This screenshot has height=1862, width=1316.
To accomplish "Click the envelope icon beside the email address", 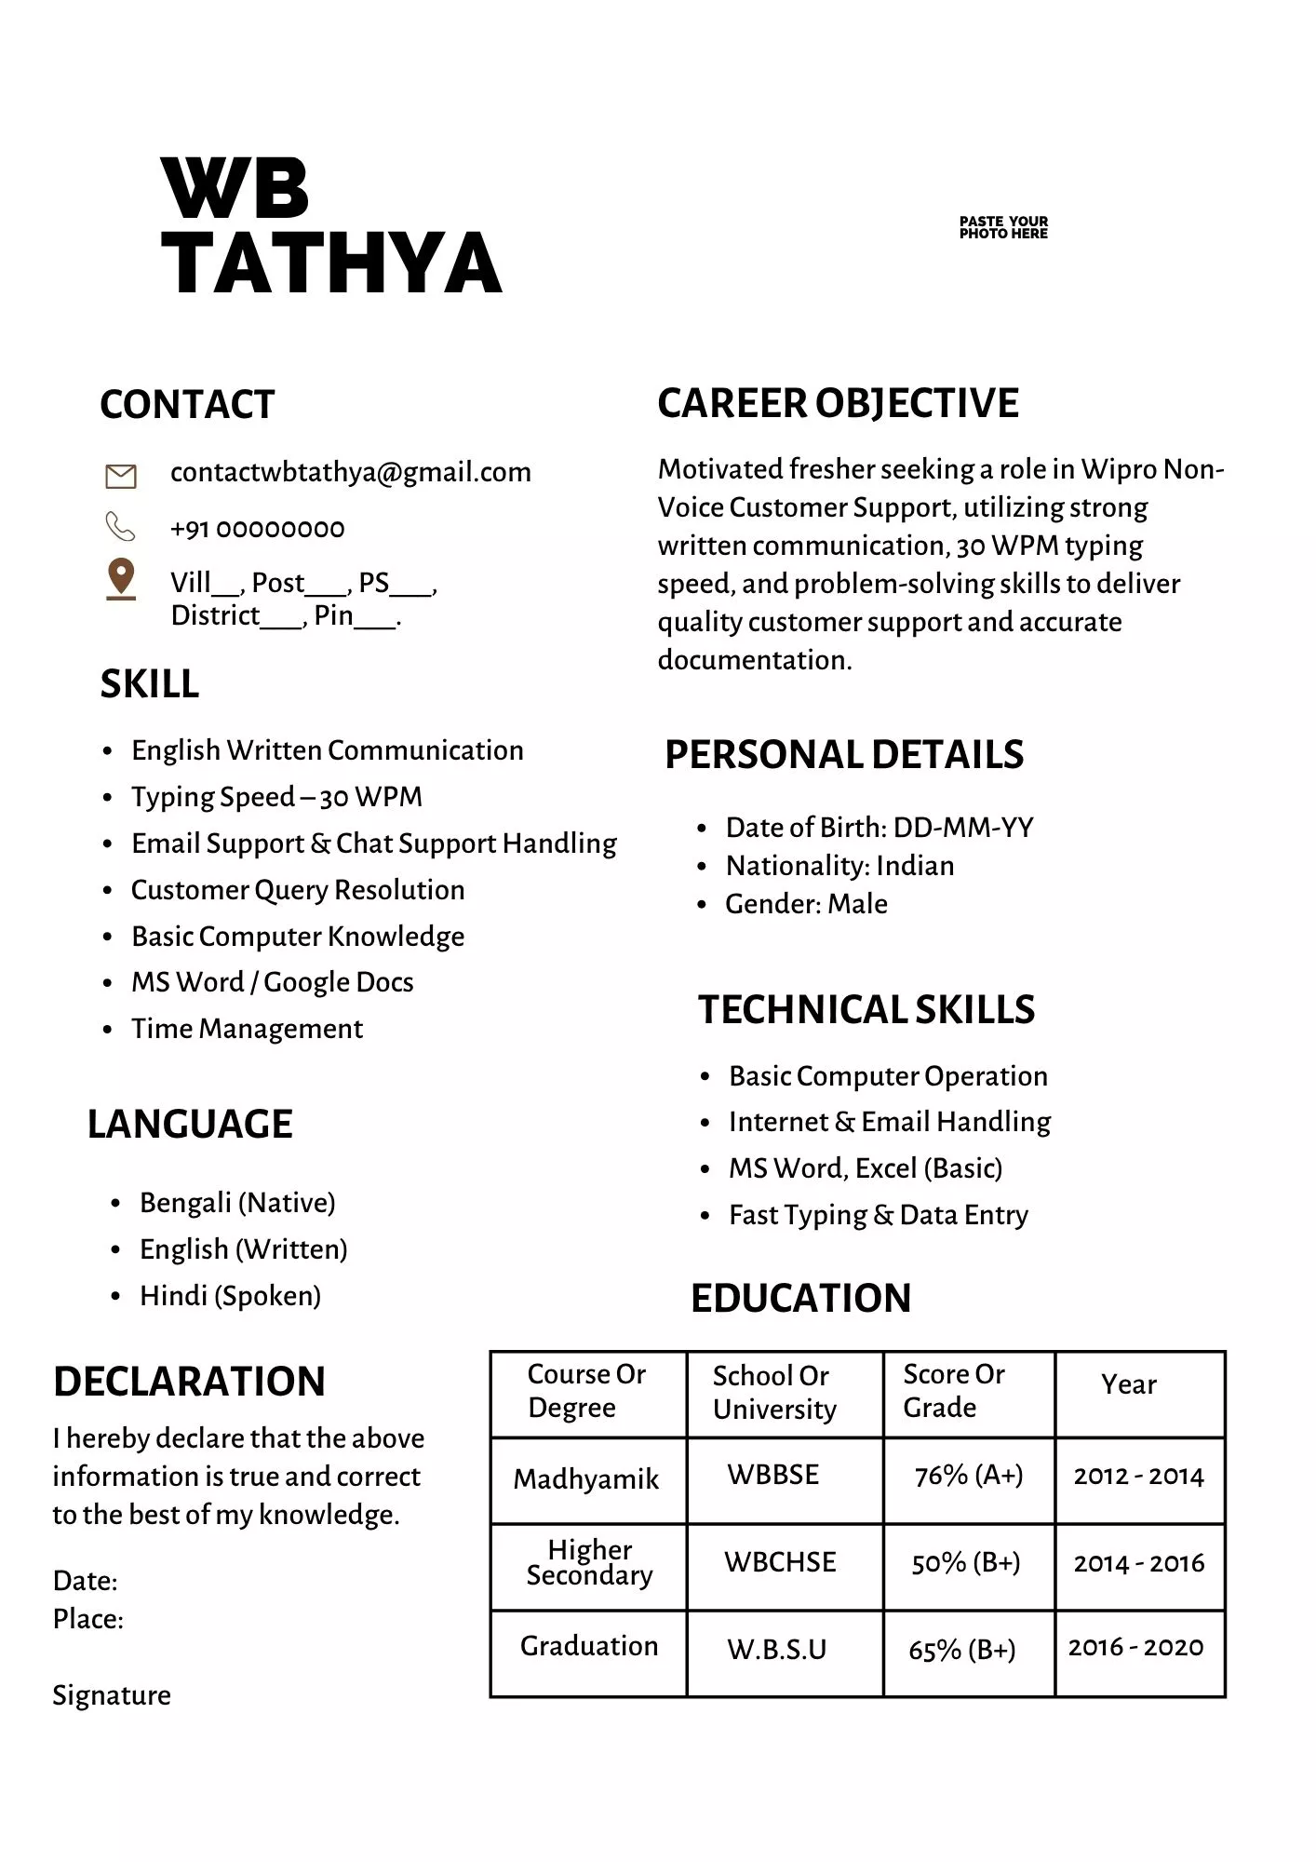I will [x=121, y=476].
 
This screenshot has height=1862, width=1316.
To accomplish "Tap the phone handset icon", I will [x=120, y=527].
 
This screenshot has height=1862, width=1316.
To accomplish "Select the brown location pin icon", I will [x=121, y=578].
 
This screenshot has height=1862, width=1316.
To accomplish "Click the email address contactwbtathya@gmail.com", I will [x=350, y=472].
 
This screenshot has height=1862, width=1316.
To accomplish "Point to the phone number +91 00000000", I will [x=257, y=529].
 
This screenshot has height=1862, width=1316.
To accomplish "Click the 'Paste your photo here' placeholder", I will [x=1003, y=227].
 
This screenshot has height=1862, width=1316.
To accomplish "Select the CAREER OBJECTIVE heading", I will [x=838, y=403].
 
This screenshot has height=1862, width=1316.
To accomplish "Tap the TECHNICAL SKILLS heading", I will [x=866, y=1009].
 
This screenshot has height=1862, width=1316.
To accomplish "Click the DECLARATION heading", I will [x=189, y=1381].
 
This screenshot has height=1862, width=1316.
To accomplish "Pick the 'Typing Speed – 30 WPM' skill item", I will [x=276, y=797].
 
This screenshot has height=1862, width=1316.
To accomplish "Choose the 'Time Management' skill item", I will [x=247, y=1029].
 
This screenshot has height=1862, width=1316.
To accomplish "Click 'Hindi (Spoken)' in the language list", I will [x=230, y=1296].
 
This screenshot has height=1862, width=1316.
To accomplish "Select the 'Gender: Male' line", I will [x=806, y=904].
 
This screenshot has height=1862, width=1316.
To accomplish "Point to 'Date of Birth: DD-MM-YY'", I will [x=880, y=828].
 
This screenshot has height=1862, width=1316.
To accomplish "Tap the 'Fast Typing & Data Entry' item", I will [x=879, y=1215].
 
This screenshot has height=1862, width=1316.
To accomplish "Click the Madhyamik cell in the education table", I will [x=586, y=1478].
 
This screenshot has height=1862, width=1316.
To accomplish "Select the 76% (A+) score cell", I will [x=969, y=1476].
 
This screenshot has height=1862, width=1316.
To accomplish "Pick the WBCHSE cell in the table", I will [x=780, y=1562].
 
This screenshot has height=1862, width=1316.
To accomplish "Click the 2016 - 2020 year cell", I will [x=1135, y=1648].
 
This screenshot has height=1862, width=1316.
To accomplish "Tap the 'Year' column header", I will [x=1128, y=1384].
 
